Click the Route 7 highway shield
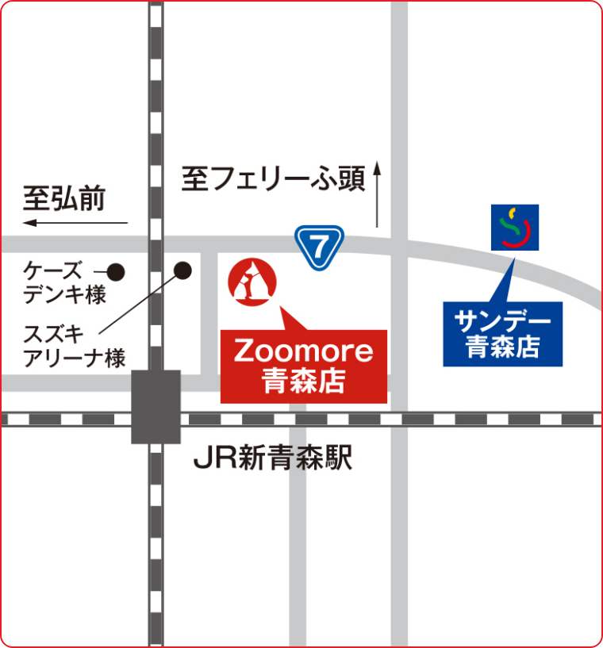[x=319, y=247]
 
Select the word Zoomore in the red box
[x=304, y=351]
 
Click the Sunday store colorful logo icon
[x=515, y=228]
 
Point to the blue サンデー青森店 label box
[x=502, y=334]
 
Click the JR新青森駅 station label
[x=273, y=459]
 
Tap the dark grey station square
[x=156, y=405]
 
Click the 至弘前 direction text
[x=63, y=198]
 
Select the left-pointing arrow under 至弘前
[x=75, y=223]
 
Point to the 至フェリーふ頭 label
[x=273, y=179]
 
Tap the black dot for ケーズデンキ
[x=116, y=272]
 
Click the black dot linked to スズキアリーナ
[x=183, y=270]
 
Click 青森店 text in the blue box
[x=502, y=347]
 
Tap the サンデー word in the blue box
[x=502, y=320]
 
